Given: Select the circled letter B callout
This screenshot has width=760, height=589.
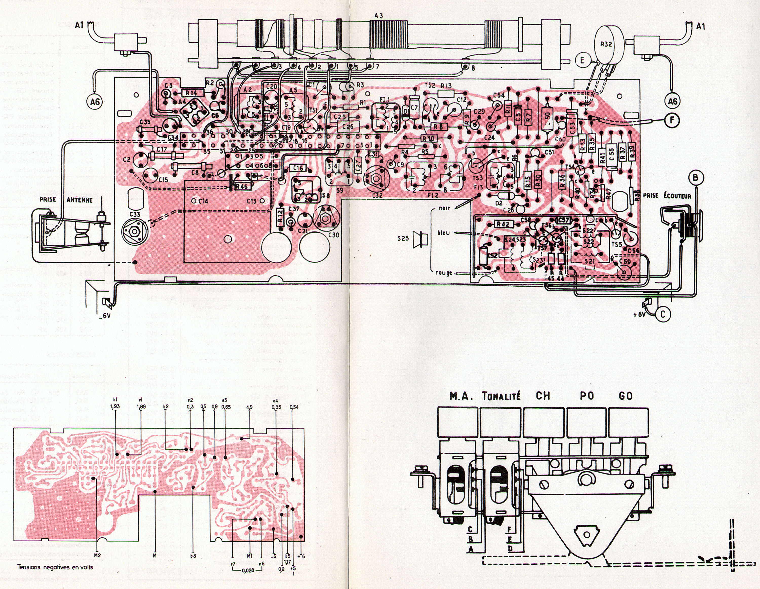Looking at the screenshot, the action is (695, 178).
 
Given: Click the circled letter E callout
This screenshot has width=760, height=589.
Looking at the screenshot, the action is (582, 60).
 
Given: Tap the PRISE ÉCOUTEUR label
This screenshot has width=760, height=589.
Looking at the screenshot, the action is (667, 196).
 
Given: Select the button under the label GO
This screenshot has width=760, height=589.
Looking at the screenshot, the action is (629, 422).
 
